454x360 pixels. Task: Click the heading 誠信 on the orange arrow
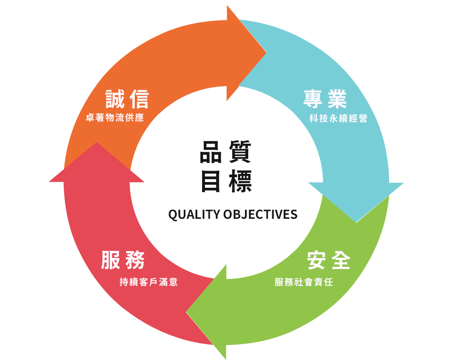click(127, 98)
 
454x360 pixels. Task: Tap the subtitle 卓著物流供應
click(115, 118)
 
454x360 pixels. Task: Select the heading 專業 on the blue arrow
click(325, 98)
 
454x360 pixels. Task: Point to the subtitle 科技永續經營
click(338, 119)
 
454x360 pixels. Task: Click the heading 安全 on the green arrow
click(329, 260)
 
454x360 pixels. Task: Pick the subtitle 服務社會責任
click(304, 282)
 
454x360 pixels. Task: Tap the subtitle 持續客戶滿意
click(149, 282)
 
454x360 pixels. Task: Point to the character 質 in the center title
click(239, 152)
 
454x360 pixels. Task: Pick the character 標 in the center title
click(239, 181)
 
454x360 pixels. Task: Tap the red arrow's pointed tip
click(97, 143)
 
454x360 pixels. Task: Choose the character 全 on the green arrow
click(340, 260)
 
